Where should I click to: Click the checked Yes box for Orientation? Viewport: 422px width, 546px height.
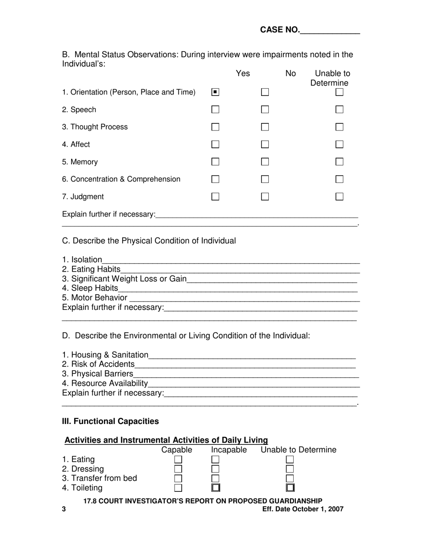click(x=215, y=92)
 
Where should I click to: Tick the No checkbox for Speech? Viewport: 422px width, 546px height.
click(x=265, y=110)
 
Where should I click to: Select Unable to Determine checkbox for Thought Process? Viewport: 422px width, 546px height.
click(x=339, y=127)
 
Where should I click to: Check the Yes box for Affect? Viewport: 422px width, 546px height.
click(x=215, y=144)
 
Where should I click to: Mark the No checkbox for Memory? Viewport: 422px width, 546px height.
click(x=265, y=162)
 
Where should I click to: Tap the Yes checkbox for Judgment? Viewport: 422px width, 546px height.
click(x=215, y=196)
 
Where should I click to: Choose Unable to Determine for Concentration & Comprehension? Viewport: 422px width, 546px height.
click(x=339, y=179)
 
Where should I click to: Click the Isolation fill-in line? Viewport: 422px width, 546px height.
click(x=231, y=261)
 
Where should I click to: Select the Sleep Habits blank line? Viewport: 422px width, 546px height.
click(x=238, y=289)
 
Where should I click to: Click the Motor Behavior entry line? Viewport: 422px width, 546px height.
click(x=244, y=299)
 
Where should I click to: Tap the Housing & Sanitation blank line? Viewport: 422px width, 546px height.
click(x=252, y=356)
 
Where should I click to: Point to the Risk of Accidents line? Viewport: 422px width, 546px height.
click(x=245, y=365)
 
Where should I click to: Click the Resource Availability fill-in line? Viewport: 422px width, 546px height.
click(x=254, y=384)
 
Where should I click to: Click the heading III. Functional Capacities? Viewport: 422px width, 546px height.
click(x=110, y=421)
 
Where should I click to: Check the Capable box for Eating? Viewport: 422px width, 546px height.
click(x=178, y=460)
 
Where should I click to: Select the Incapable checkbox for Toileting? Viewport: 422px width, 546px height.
click(x=215, y=488)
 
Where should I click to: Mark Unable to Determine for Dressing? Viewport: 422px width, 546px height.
click(x=290, y=469)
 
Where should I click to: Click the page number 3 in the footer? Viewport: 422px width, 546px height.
click(x=64, y=509)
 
